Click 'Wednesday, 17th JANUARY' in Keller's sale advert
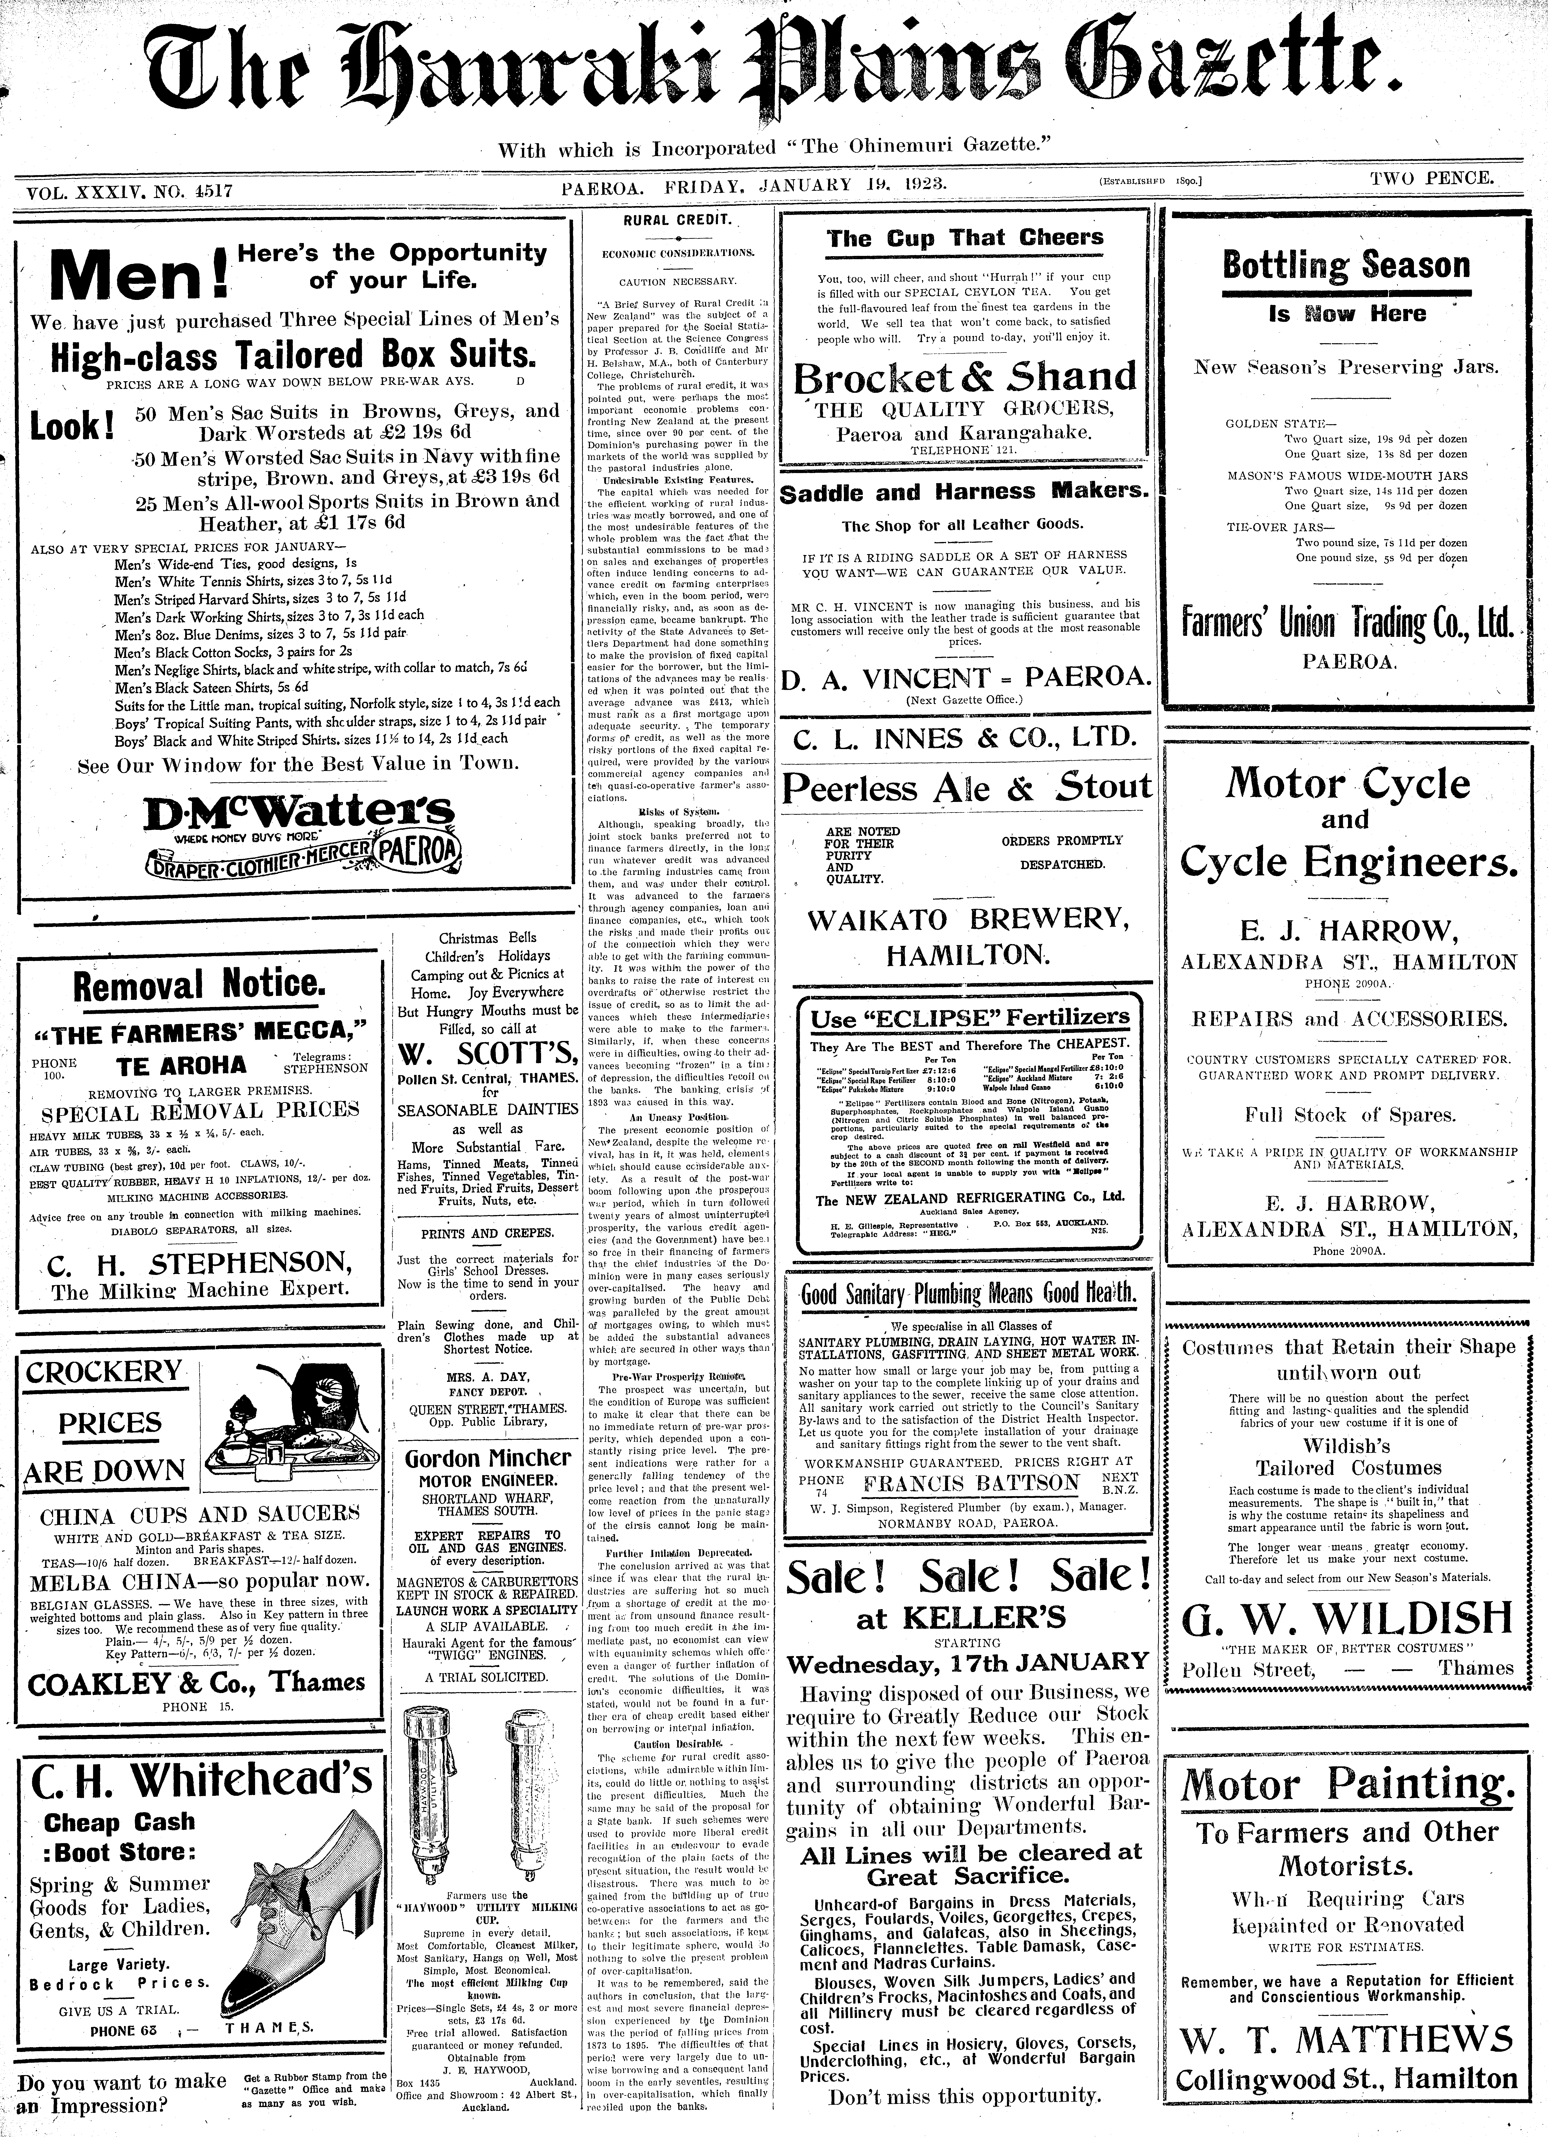[968, 1661]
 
